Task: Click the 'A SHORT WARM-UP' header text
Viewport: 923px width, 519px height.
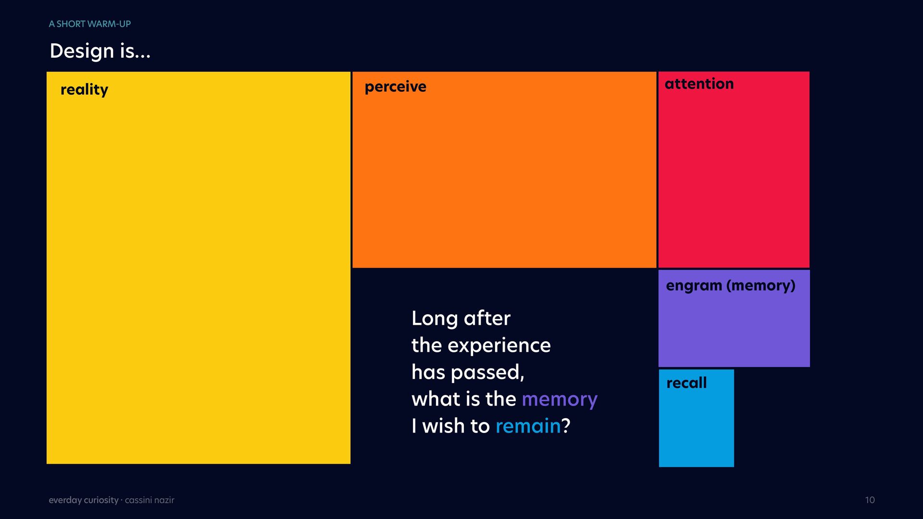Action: (x=90, y=24)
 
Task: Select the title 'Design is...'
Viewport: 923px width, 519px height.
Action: (x=100, y=51)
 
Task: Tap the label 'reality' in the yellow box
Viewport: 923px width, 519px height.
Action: (x=84, y=90)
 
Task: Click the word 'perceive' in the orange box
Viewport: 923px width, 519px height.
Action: (x=395, y=87)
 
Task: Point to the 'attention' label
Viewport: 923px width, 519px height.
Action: (x=699, y=84)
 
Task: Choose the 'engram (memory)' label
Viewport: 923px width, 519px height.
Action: (x=731, y=286)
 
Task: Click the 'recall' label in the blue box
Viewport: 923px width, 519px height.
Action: (x=686, y=383)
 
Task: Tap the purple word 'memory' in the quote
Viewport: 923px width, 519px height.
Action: (x=560, y=400)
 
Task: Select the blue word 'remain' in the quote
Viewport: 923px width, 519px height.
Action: (x=528, y=426)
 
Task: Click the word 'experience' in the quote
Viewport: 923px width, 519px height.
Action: (x=499, y=346)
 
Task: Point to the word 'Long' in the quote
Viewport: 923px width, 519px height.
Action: (x=435, y=319)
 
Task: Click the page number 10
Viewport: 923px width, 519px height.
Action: (x=870, y=500)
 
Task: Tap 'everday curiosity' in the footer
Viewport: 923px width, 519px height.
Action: (x=84, y=500)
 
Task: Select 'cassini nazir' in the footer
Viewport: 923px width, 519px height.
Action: (x=150, y=500)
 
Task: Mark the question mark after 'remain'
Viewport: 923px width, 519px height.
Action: (x=566, y=426)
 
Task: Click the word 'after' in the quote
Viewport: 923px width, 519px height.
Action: (x=487, y=318)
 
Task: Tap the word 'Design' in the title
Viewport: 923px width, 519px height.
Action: (x=82, y=51)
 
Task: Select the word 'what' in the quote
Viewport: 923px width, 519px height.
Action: (x=432, y=399)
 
